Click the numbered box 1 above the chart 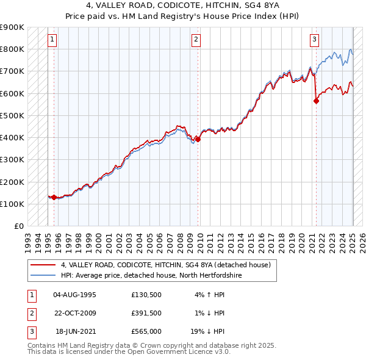click(52, 40)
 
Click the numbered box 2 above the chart click(196, 40)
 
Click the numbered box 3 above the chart click(314, 40)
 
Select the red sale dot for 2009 click(198, 139)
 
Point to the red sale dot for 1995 click(54, 197)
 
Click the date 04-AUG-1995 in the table click(75, 295)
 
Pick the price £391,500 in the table click(146, 313)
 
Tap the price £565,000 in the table click(146, 331)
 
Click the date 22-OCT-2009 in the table click(75, 313)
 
